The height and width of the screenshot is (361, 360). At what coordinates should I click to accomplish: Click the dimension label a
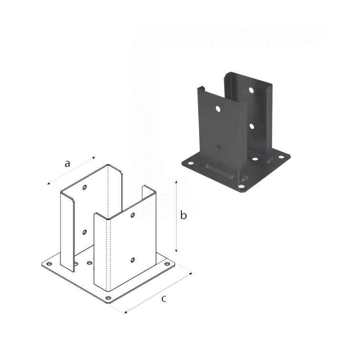tap(67, 164)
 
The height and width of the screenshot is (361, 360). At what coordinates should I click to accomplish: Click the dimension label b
tap(183, 215)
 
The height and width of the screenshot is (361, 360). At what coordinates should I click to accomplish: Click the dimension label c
tap(164, 299)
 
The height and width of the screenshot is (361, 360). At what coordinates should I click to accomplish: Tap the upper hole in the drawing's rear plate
tap(85, 187)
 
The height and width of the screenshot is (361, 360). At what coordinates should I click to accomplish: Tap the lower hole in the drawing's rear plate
tap(84, 232)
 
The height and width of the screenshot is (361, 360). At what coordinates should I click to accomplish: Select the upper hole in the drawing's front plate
tap(133, 215)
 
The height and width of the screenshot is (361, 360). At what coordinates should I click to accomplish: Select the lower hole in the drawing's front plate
tap(133, 260)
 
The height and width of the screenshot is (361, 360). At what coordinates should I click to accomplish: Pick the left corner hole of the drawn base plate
tap(49, 264)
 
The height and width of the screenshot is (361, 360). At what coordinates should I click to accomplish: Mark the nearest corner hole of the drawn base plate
tap(108, 298)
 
